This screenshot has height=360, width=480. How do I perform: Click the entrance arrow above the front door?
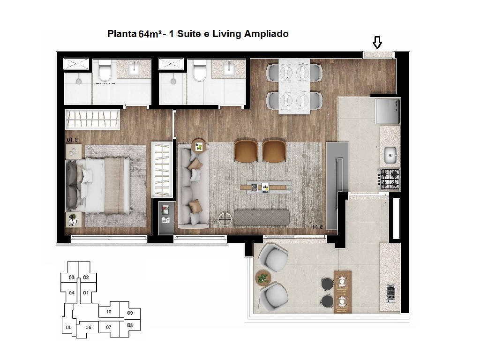(377, 44)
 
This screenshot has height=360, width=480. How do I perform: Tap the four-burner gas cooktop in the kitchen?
(390, 179)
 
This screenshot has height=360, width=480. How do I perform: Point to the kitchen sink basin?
(390, 152)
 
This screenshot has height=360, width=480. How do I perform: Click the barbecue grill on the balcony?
(390, 293)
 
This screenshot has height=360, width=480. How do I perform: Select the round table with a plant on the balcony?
(263, 278)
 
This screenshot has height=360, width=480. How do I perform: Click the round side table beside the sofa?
(199, 147)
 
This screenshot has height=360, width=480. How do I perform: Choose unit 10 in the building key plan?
(108, 312)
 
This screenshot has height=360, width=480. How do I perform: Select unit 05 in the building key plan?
(68, 327)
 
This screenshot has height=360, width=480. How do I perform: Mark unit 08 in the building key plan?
(130, 325)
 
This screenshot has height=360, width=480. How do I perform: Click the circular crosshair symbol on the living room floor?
(225, 218)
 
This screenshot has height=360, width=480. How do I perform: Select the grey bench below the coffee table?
(262, 217)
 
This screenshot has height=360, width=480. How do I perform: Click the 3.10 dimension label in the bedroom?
(71, 139)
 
